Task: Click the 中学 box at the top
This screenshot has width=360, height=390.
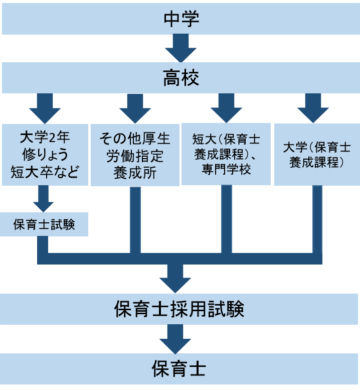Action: (180, 19)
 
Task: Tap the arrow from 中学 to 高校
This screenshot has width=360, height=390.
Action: (180, 48)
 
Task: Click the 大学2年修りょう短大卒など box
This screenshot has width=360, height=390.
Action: (45, 155)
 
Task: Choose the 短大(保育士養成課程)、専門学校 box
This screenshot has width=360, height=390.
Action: (226, 154)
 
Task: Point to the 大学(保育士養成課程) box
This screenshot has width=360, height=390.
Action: (316, 155)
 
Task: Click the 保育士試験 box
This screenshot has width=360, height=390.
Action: (44, 224)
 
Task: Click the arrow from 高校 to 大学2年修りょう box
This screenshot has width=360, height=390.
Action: (45, 108)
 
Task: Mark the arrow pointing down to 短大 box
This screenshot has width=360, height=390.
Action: (226, 108)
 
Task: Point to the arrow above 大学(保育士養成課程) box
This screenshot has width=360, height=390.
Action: (313, 108)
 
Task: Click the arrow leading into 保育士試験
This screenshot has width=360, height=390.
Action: (44, 199)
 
